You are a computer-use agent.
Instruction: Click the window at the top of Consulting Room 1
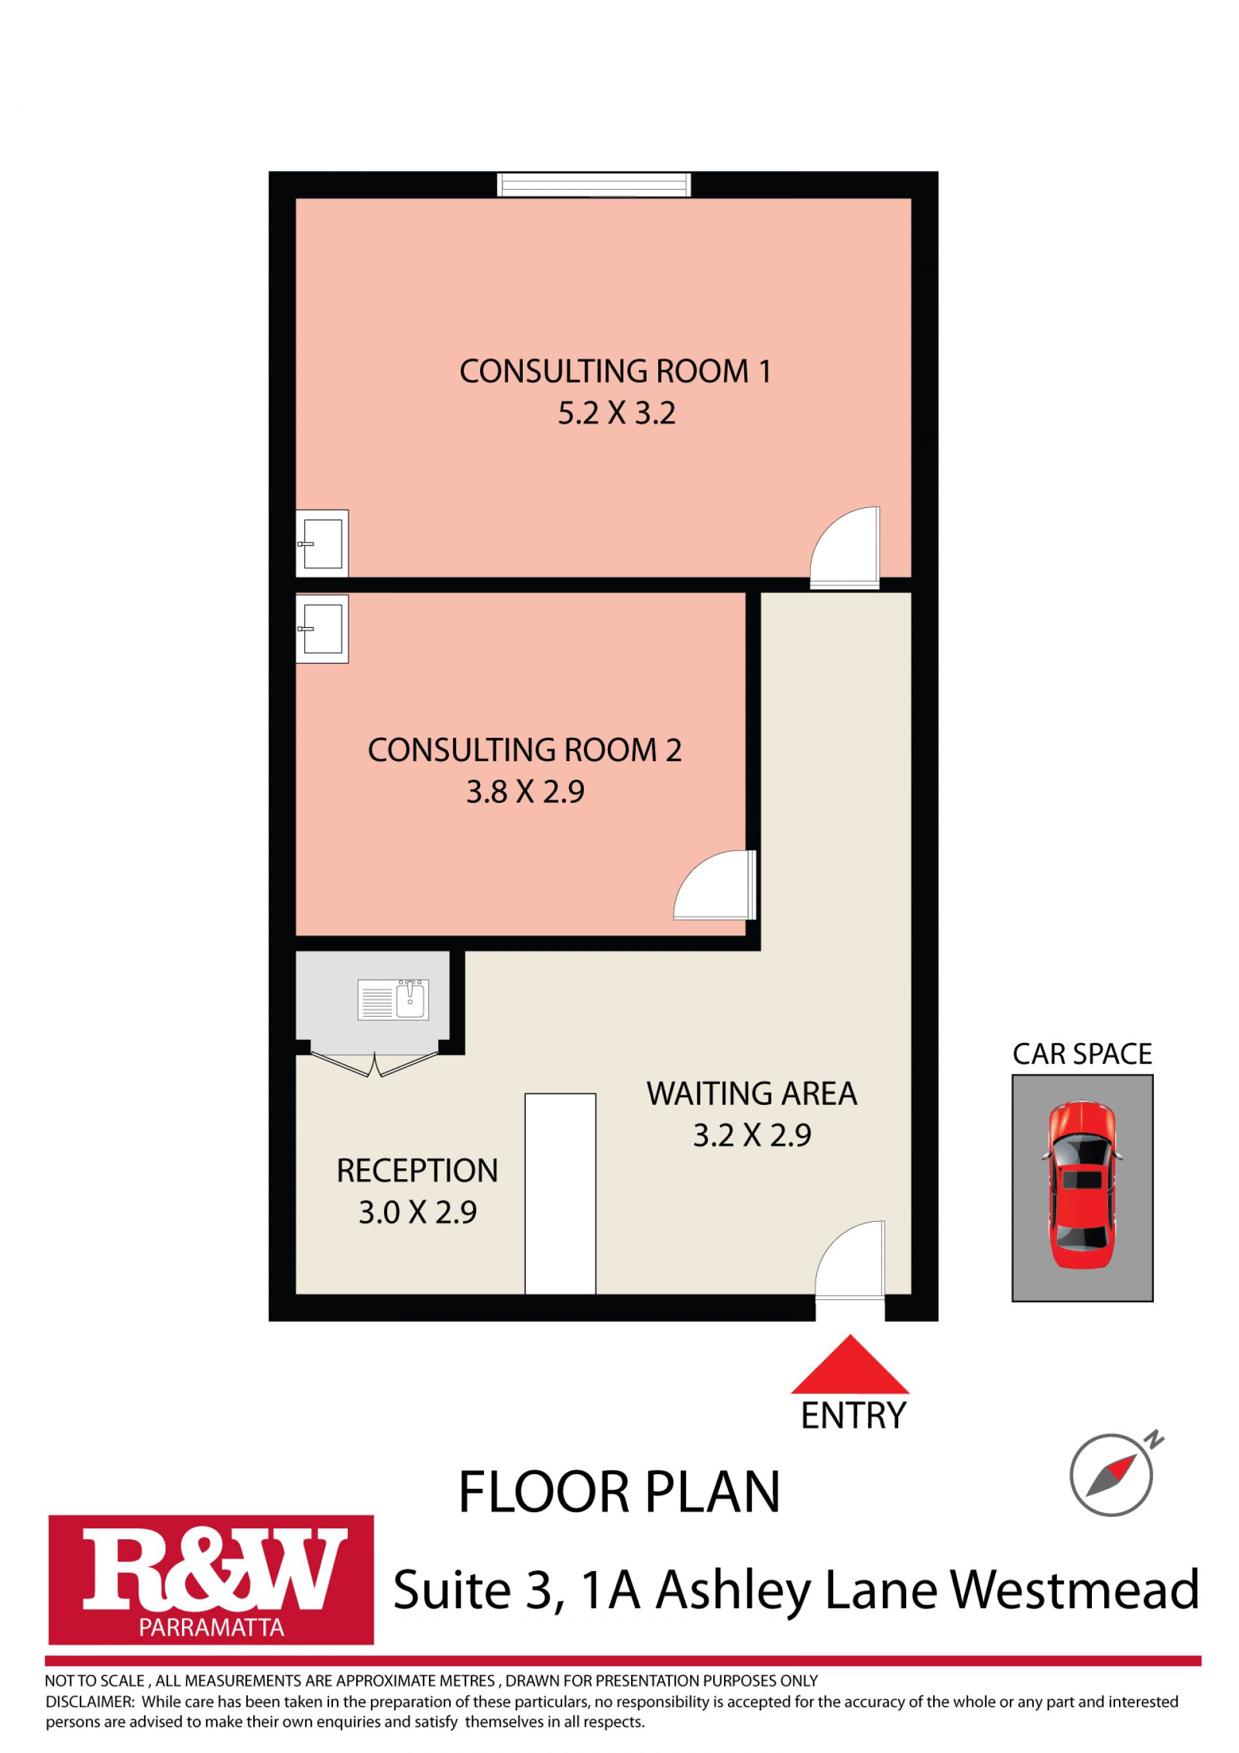(x=594, y=185)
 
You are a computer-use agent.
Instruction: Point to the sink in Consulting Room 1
(x=322, y=543)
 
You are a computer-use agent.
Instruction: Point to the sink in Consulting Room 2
(x=322, y=629)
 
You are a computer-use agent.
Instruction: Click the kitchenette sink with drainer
(x=393, y=999)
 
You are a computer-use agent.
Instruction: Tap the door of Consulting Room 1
(x=844, y=548)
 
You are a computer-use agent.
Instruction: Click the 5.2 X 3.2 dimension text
(x=617, y=414)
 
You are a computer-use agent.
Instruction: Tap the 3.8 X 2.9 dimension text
(x=525, y=792)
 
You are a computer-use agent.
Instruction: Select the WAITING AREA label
(x=752, y=1094)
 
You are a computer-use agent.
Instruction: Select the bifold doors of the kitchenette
(x=374, y=1064)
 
